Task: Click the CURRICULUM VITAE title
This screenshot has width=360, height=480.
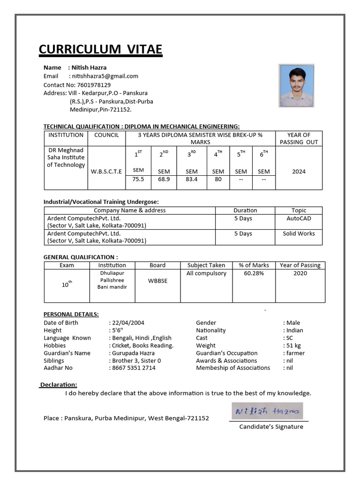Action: coord(100,49)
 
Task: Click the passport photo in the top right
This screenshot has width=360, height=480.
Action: coord(296,86)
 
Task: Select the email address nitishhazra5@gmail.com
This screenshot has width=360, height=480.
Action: coord(105,76)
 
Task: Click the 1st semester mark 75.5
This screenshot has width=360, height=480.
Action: coord(138,179)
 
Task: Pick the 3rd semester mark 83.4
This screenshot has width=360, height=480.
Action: coord(192,179)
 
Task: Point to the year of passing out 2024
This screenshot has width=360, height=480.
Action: coord(299,172)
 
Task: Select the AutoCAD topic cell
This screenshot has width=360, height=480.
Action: coord(299,218)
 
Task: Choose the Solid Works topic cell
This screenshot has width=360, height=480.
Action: coord(299,233)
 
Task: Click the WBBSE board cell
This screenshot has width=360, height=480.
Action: coord(157,281)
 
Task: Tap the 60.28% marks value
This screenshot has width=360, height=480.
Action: coord(254,273)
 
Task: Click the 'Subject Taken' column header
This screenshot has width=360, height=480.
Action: coord(206,265)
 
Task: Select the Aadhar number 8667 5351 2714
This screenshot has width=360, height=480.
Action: coord(134,368)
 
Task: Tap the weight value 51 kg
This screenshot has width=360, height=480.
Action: coord(294,345)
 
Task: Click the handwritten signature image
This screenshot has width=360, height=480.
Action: coord(267,411)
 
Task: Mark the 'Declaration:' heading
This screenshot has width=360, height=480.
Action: coord(59,385)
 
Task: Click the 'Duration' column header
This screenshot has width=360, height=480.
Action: coord(245,210)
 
